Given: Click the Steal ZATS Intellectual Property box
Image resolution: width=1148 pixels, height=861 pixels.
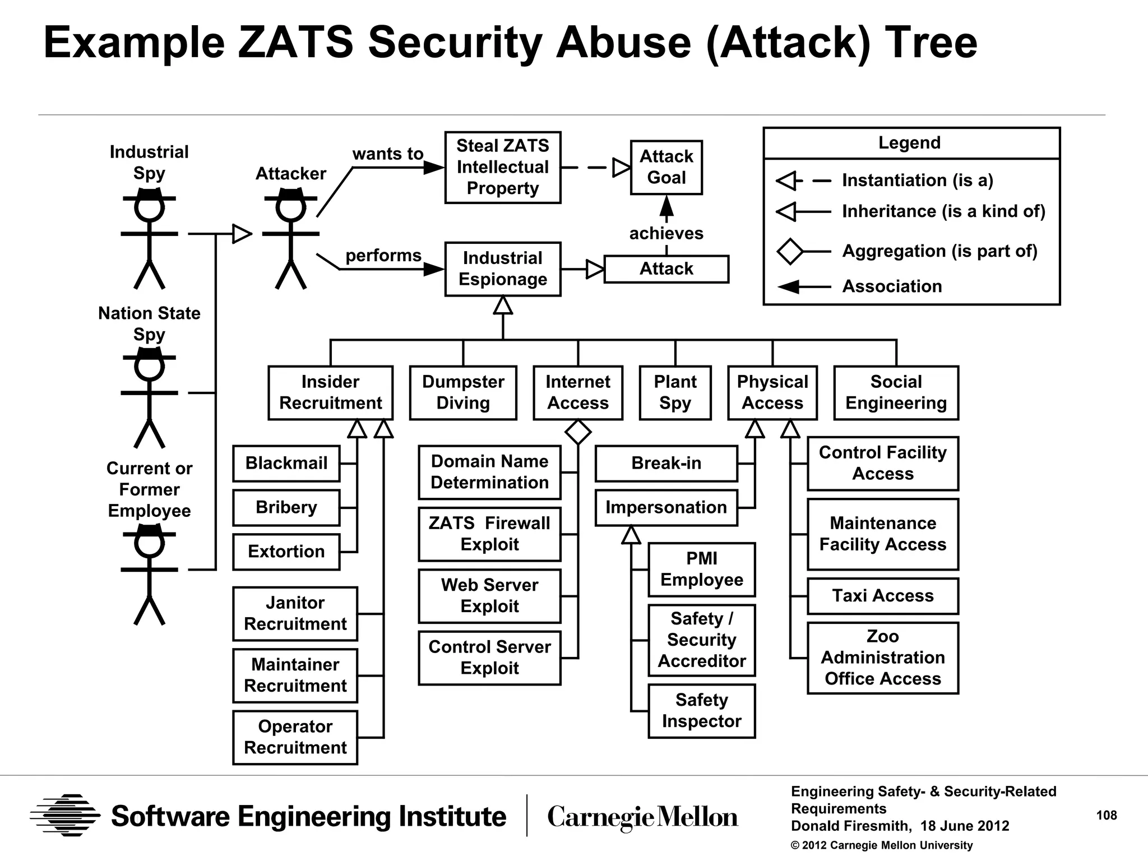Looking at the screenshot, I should coord(502,167).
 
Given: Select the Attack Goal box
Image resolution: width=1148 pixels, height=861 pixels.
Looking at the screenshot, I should coord(666,167).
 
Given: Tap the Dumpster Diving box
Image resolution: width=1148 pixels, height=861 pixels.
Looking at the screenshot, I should coord(463,392).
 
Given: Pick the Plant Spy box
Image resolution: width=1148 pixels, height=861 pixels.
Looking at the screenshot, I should coord(675,392).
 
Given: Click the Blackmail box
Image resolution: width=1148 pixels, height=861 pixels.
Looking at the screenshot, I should coord(286,463).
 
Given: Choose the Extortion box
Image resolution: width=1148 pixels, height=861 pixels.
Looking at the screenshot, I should coord(286,552).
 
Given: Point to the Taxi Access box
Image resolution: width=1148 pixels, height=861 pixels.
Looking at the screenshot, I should coord(882,596).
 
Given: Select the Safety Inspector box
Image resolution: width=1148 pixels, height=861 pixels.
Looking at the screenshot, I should coord(701,710).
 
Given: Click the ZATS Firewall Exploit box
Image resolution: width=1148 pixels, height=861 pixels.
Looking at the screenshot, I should coord(489,534).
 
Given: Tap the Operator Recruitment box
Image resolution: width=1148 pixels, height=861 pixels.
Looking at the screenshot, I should coord(295,737).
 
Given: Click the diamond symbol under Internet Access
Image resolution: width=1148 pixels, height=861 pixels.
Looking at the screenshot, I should coord(578,432).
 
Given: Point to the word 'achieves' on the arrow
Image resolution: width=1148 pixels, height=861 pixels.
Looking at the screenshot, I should coord(666,233).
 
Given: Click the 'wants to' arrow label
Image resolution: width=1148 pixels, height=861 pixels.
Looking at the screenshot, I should coord(387,154).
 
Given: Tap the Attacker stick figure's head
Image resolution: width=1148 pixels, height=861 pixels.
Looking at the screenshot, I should coord(290,207).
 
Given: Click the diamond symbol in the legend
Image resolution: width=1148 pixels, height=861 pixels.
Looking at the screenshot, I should coord(790,251).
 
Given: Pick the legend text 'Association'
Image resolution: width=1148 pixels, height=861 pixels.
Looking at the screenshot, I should coord(892,286).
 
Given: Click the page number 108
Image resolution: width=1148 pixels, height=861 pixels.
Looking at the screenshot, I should coord(1107,816).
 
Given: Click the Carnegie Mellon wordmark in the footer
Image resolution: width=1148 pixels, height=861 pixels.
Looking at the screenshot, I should coord(642,817).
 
